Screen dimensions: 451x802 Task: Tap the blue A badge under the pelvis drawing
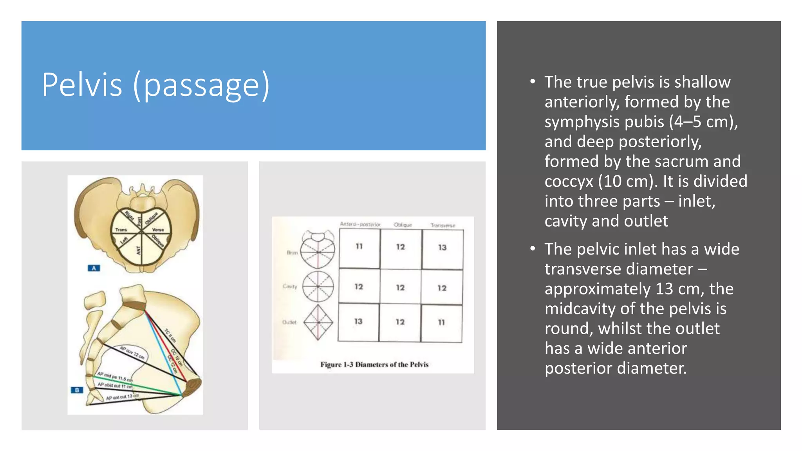pos(94,268)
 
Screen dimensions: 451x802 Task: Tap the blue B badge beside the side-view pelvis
pos(77,390)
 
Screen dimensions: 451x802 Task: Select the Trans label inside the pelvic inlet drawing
pos(121,230)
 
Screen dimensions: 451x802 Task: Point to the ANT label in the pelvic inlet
pos(138,250)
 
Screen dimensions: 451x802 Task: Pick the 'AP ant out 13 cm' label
pos(123,397)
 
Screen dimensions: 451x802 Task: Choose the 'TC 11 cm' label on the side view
pos(170,336)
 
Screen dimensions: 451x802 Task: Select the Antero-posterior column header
pos(360,224)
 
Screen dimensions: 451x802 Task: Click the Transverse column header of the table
pos(443,225)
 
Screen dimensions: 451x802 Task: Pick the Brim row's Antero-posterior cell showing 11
pos(359,247)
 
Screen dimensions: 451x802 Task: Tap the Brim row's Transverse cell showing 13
pos(442,247)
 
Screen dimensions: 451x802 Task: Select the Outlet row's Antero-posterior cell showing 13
pos(358,321)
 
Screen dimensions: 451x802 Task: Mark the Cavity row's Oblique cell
pos(400,288)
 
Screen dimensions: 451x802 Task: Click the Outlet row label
pos(289,322)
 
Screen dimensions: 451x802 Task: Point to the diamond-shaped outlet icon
pos(318,322)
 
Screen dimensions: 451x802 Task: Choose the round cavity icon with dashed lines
pos(318,287)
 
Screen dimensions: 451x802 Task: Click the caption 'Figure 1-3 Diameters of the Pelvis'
pos(374,364)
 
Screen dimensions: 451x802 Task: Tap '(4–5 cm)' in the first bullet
pos(703,122)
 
